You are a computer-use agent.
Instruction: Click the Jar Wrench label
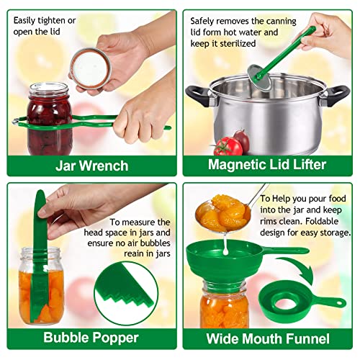[92, 166]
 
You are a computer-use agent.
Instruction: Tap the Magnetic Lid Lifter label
[267, 165]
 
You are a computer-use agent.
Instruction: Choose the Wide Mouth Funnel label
[268, 338]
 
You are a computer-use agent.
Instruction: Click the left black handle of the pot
[197, 96]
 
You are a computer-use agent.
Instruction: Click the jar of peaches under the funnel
[225, 305]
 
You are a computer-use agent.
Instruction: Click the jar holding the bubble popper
[40, 285]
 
